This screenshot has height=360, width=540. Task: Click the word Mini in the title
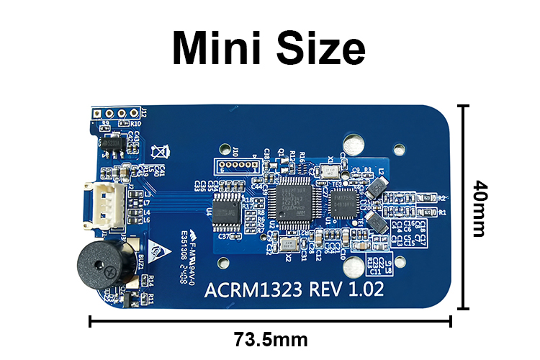coord(216,48)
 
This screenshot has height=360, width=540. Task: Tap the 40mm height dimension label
coord(480,208)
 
